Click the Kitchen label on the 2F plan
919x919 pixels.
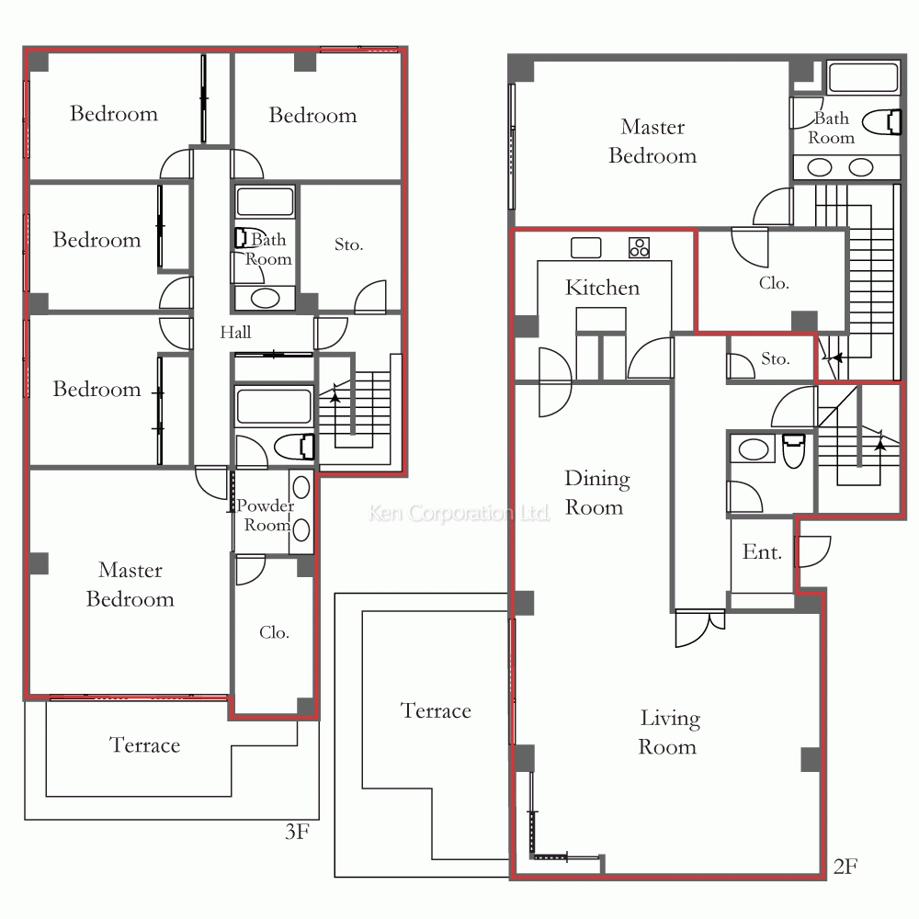[602, 287]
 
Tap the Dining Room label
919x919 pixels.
[596, 493]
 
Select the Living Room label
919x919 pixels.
[669, 732]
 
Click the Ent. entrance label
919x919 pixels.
[762, 552]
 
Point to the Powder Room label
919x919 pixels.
[267, 516]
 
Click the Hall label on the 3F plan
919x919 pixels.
[235, 333]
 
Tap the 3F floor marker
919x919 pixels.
[297, 832]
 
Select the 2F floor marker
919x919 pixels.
[845, 867]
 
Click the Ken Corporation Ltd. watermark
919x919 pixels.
[459, 513]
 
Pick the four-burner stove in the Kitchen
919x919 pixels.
[639, 247]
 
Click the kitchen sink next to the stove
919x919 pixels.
[586, 247]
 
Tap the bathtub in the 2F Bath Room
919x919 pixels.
[863, 77]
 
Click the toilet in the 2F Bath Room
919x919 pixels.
[882, 122]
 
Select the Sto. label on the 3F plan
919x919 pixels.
[348, 244]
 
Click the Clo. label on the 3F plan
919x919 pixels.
[274, 632]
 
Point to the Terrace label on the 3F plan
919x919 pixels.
[145, 745]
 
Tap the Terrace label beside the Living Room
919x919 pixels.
[436, 711]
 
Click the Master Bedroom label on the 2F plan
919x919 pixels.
[652, 142]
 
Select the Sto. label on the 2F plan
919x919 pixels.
[776, 358]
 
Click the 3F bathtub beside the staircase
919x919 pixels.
[273, 405]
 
